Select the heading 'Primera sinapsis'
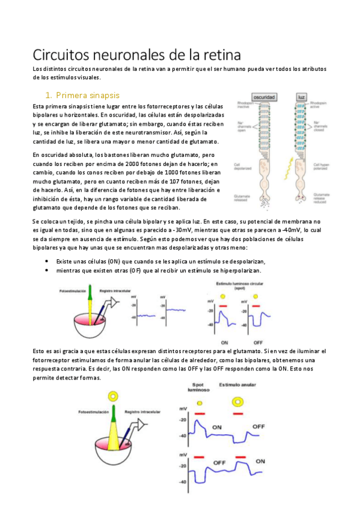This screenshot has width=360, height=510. pyautogui.click(x=88, y=95)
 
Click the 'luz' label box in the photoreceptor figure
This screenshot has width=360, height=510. pyautogui.click(x=303, y=98)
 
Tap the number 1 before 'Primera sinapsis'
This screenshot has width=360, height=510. pyautogui.click(x=48, y=95)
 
